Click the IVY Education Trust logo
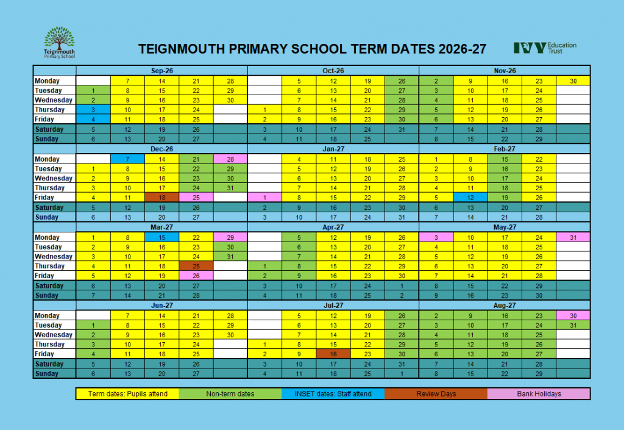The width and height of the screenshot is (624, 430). [545, 48]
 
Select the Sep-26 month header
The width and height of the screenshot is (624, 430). [162, 71]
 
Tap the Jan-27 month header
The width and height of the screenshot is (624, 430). [333, 149]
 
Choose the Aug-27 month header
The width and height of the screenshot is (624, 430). [505, 305]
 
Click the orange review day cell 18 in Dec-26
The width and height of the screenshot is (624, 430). [162, 198]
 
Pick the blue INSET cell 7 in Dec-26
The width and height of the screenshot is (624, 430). [127, 159]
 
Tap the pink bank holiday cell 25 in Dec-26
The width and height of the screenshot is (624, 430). [196, 198]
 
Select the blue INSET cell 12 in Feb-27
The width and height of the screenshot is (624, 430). [470, 198]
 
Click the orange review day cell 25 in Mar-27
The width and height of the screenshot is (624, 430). [196, 266]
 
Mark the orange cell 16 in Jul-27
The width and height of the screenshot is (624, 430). [333, 354]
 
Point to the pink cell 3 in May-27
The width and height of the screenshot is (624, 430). [436, 237]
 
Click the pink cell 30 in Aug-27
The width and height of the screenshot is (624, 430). [573, 315]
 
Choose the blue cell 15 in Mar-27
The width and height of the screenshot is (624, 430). [162, 237]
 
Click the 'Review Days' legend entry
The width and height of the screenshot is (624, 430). [436, 394]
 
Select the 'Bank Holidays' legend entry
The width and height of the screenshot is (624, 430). [539, 394]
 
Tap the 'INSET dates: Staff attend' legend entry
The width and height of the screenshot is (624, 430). [333, 394]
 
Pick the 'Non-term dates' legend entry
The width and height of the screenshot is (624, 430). [230, 394]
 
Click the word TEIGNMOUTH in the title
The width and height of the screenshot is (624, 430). [183, 49]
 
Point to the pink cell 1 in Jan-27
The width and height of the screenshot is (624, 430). [265, 198]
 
